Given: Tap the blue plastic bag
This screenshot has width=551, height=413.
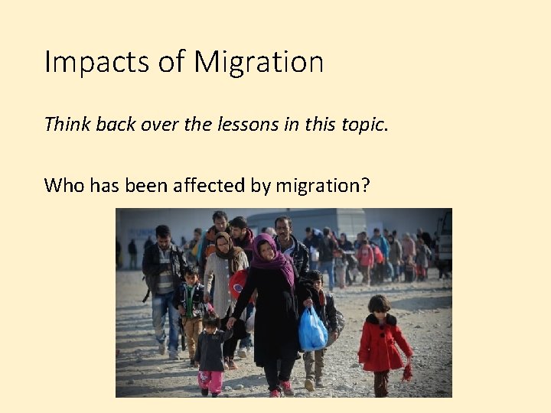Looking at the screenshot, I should (x=312, y=330).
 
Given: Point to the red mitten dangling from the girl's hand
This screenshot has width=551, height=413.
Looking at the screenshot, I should (x=406, y=372).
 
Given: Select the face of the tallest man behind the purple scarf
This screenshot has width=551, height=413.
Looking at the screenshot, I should (x=283, y=227).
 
